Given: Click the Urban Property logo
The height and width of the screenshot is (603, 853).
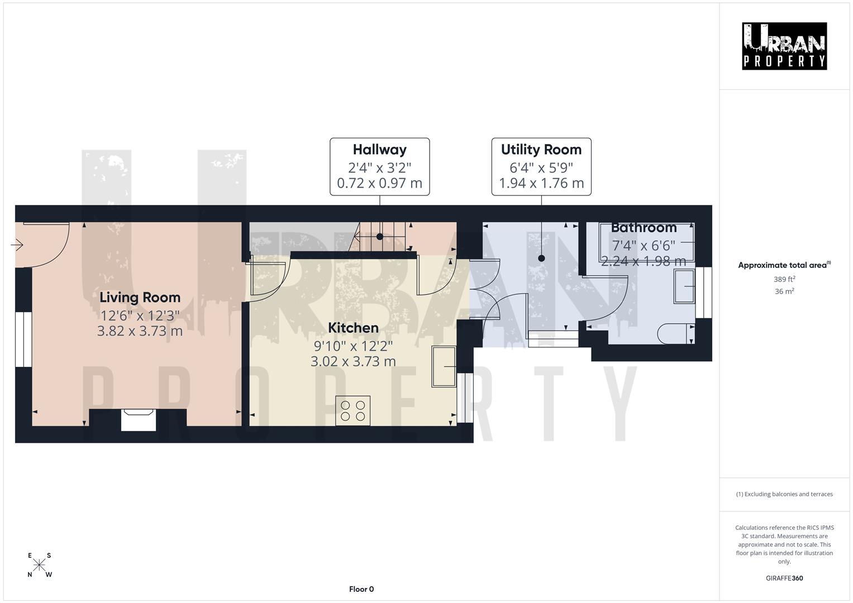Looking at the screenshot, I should (x=784, y=46).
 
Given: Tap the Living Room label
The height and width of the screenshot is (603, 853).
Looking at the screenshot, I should (x=140, y=298).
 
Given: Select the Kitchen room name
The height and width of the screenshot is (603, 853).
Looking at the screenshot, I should (x=353, y=328).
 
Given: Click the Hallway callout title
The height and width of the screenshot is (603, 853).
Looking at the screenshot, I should (x=379, y=150).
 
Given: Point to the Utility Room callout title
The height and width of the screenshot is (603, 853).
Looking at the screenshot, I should (x=541, y=150).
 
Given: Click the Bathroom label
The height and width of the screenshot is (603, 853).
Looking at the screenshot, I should (x=644, y=228).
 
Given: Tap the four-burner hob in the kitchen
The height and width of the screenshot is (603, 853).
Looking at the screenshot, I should (x=352, y=411).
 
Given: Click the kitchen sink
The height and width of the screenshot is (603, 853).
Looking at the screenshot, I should (x=444, y=366).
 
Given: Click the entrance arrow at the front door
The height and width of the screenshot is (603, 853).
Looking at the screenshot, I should (x=17, y=245).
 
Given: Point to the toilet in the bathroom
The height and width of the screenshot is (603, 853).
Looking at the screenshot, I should (x=674, y=333).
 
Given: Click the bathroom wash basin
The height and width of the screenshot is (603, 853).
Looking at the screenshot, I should (x=684, y=286).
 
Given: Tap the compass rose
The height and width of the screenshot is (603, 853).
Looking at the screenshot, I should (x=39, y=565).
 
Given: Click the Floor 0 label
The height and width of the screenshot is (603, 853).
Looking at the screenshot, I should (x=361, y=589).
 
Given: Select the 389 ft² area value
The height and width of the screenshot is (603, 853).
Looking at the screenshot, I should (x=784, y=279).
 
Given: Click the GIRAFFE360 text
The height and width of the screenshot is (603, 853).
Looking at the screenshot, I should (x=784, y=578).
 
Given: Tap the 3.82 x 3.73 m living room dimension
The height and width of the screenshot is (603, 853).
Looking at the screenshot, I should (x=140, y=331).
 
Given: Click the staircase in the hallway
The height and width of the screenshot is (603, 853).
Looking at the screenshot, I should (x=380, y=236).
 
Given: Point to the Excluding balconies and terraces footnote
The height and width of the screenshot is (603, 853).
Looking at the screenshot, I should (x=784, y=494).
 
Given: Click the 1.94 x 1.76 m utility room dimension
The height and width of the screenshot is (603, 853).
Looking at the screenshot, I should (x=541, y=183).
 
